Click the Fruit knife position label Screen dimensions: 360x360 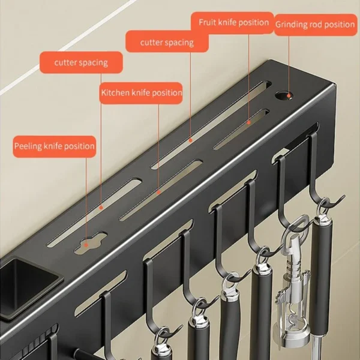click(234, 23)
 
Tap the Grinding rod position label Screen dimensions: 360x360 click(315, 25)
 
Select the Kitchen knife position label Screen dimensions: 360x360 click(141, 93)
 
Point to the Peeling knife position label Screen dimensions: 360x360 click(55, 146)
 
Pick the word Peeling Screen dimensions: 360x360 click(28, 146)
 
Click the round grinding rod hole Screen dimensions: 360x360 click(282, 94)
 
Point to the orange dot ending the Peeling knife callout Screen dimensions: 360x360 click(100, 208)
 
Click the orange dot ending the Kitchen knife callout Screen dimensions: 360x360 click(158, 192)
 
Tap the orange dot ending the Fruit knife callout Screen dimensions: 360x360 click(249, 122)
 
